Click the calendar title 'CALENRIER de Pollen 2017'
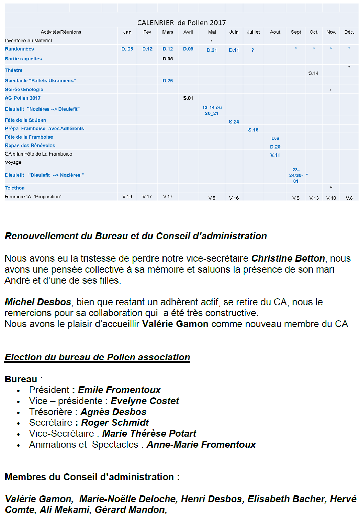(181, 23)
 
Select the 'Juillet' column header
(253, 32)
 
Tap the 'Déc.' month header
(349, 32)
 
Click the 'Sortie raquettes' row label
(23, 59)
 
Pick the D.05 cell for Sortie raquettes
(168, 59)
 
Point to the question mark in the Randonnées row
(253, 50)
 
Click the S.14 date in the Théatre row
(313, 73)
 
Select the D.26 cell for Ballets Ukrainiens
(168, 81)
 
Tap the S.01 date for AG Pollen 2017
(188, 98)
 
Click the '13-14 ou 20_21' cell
(212, 111)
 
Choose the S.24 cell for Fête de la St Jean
(234, 122)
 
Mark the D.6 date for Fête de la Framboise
(275, 138)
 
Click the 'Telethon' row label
(15, 188)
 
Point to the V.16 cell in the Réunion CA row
(234, 198)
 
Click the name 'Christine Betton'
(288, 258)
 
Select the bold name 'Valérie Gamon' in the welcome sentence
(175, 324)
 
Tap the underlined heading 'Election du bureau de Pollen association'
(97, 357)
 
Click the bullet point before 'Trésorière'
(19, 413)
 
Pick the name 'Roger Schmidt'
(115, 422)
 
